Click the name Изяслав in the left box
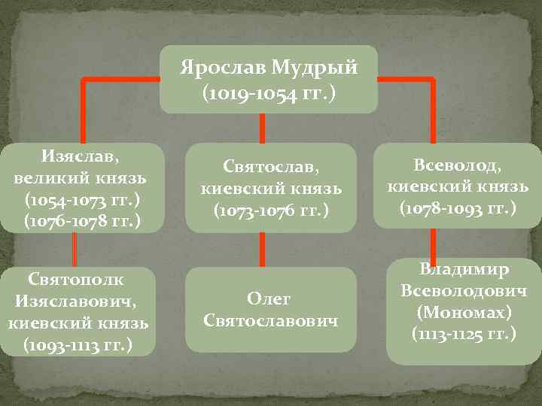(79, 159)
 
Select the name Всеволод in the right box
(457, 164)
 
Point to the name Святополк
(76, 280)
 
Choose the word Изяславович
(78, 302)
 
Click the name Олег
(270, 299)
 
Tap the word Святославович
(270, 321)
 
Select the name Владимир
(464, 268)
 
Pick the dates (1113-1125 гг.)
(464, 333)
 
